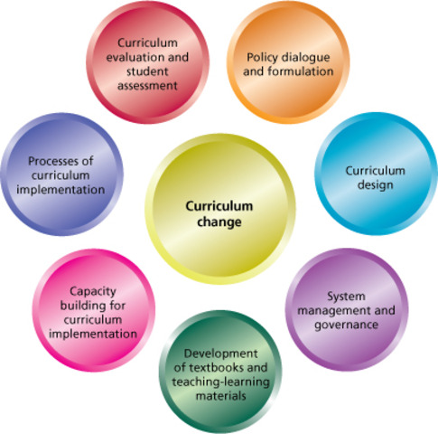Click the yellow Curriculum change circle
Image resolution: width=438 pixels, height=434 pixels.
pos(220,209)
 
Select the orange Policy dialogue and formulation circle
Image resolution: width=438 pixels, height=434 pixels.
pos(288,62)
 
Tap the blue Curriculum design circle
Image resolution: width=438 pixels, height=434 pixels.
pos(376,174)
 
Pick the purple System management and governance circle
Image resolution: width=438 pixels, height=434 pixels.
pos(347,309)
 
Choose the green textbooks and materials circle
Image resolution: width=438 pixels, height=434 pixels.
pos(220,372)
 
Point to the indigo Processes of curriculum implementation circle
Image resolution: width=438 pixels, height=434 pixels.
pos(62,175)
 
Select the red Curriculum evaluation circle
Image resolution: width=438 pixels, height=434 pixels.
pos(147,62)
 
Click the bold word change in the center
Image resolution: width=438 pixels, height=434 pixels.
pos(219,222)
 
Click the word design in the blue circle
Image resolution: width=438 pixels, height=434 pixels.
pos(376,185)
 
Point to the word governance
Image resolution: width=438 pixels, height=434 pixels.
pos(347,325)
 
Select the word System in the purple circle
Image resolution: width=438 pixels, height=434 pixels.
pos(346,297)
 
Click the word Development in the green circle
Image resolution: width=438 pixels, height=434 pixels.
pos(220,354)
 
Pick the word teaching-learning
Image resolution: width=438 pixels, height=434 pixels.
pos(220,382)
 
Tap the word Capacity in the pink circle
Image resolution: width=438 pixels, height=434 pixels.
pos(93,292)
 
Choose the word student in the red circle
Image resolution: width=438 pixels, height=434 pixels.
pos(147,71)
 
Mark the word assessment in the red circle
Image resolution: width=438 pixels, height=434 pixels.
pos(147,86)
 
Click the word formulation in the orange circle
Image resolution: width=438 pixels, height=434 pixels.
pos(301,71)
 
